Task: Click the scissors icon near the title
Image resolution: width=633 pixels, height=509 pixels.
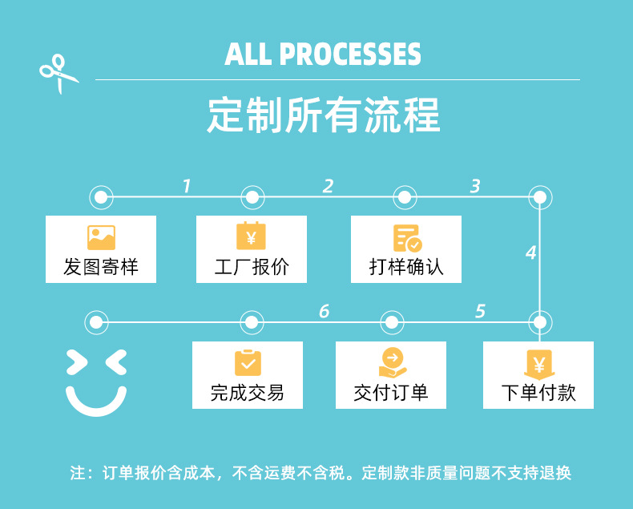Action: (x=58, y=74)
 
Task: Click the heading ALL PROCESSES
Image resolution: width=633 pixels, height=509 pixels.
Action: (x=323, y=55)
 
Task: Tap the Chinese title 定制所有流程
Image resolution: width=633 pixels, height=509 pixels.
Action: (x=324, y=116)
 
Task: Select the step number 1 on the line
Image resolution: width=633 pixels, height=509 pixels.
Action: (x=187, y=187)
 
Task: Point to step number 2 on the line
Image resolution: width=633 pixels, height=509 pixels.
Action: (x=328, y=187)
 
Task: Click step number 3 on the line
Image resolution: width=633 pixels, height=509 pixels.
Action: (x=475, y=187)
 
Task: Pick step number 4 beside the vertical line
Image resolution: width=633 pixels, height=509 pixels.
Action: (x=530, y=253)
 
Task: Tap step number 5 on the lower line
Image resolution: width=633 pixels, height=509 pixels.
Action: (x=480, y=311)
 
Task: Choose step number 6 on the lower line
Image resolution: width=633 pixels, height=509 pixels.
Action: (x=324, y=311)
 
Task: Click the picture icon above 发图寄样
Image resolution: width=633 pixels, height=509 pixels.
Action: (x=101, y=237)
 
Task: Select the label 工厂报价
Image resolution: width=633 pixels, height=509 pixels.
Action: (x=252, y=267)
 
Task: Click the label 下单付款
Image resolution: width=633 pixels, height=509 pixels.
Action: (x=538, y=393)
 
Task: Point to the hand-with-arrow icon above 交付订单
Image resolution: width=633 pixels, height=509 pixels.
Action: (x=391, y=363)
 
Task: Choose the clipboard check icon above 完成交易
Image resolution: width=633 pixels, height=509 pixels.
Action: (x=248, y=363)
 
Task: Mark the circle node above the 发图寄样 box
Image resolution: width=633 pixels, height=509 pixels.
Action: (x=100, y=196)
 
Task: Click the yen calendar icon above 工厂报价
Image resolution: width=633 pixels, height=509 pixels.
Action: (x=251, y=236)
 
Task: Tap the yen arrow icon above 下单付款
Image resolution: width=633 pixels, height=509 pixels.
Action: (x=538, y=365)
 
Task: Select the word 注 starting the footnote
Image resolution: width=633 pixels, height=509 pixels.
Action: (x=77, y=473)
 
